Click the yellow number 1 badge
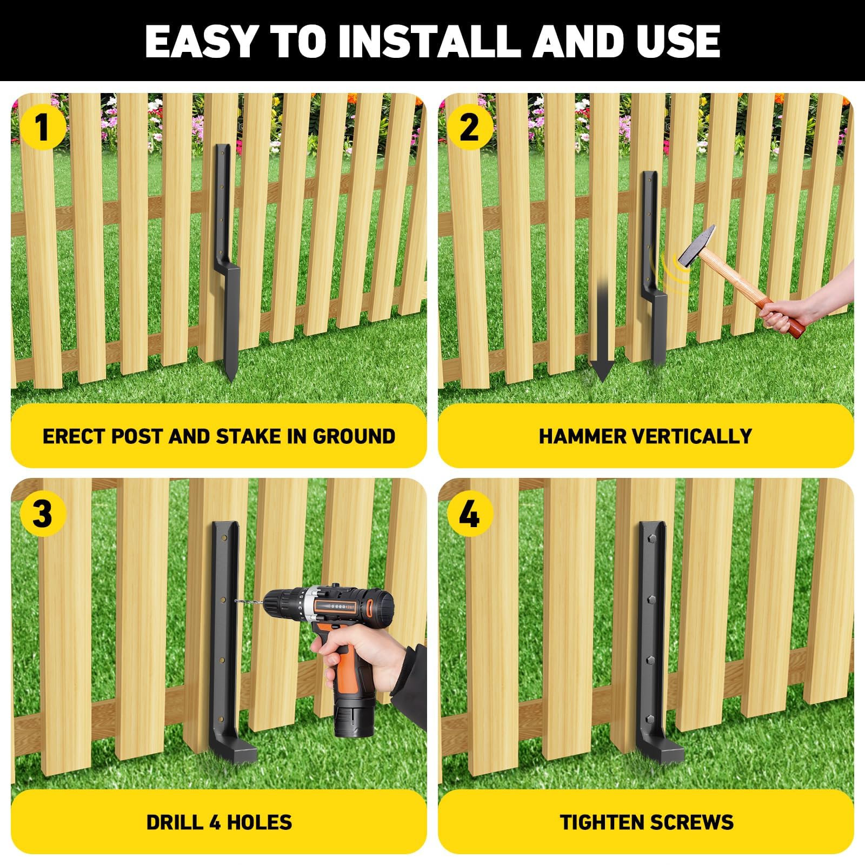(x=42, y=128)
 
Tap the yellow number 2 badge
(x=469, y=128)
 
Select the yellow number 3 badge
(x=42, y=513)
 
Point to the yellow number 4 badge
(x=469, y=513)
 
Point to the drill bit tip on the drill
(x=237, y=601)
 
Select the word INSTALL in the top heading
(x=428, y=41)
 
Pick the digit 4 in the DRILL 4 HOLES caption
(x=215, y=822)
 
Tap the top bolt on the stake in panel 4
(x=649, y=538)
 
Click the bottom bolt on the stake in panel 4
(x=649, y=720)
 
